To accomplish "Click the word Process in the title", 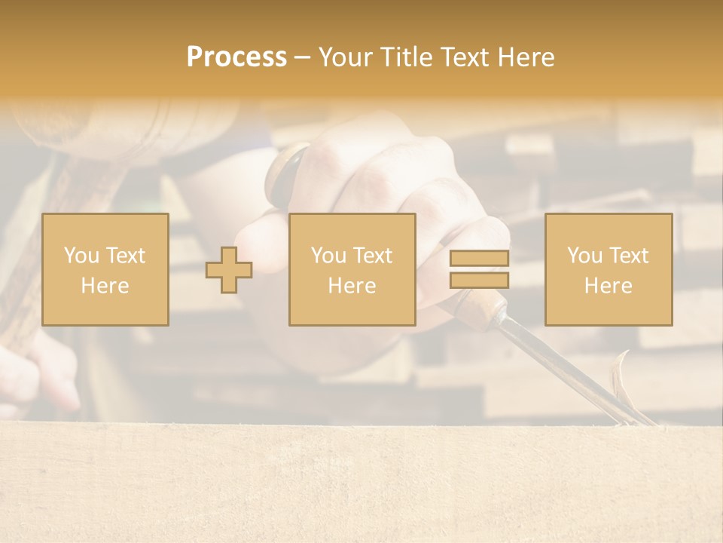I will pyautogui.click(x=236, y=57).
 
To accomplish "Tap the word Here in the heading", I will pyautogui.click(x=527, y=57).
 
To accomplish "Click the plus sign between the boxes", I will pyautogui.click(x=229, y=270).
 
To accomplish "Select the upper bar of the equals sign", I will pyautogui.click(x=479, y=259).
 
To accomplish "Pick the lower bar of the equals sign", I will pyautogui.click(x=479, y=280).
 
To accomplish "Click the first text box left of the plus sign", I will pyautogui.click(x=105, y=269).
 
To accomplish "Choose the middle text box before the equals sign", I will pyautogui.click(x=352, y=269).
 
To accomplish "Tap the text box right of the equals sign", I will pyautogui.click(x=608, y=269).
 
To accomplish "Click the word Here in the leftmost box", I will pyautogui.click(x=105, y=286).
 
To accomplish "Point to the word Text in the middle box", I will pyautogui.click(x=373, y=256).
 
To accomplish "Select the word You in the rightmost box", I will pyautogui.click(x=584, y=256).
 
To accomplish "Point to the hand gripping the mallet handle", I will pyautogui.click(x=45, y=370).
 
